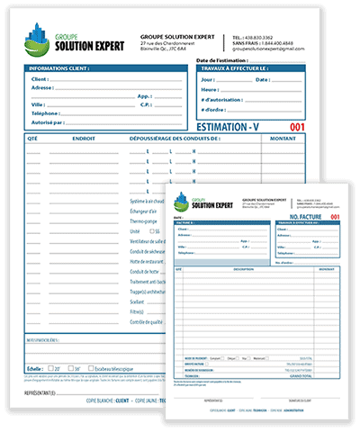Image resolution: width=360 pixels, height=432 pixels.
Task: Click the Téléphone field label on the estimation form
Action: (46, 112)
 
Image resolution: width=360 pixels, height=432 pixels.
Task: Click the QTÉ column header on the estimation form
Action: (32, 139)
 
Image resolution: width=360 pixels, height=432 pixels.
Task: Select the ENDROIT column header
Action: (85, 139)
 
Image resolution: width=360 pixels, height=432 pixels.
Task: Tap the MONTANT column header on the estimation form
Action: (283, 139)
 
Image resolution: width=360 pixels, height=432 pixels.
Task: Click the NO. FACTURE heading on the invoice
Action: (306, 218)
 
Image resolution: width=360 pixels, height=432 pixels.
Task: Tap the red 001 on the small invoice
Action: (336, 218)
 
